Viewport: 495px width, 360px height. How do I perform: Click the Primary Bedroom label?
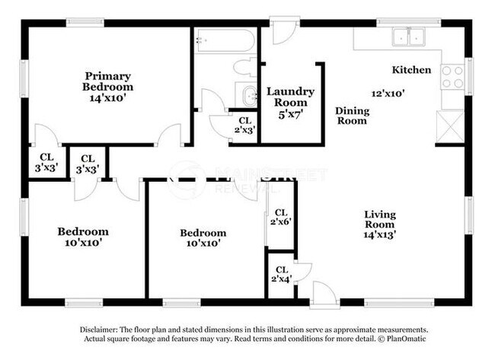click(x=107, y=81)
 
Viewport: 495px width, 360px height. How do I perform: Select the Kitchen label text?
click(x=411, y=70)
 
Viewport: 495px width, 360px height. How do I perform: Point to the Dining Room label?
click(x=352, y=116)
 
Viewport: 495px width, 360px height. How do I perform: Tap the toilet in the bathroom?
click(x=244, y=66)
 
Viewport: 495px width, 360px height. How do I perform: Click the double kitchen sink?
click(x=408, y=37)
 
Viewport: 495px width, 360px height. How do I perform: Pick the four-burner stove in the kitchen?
click(x=452, y=75)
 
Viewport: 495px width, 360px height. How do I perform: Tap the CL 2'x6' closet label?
click(x=280, y=218)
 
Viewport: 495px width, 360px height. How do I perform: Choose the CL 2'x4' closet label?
click(x=281, y=275)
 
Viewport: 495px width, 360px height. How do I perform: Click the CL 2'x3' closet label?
click(x=245, y=125)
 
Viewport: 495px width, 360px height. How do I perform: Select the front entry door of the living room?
click(x=324, y=295)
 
